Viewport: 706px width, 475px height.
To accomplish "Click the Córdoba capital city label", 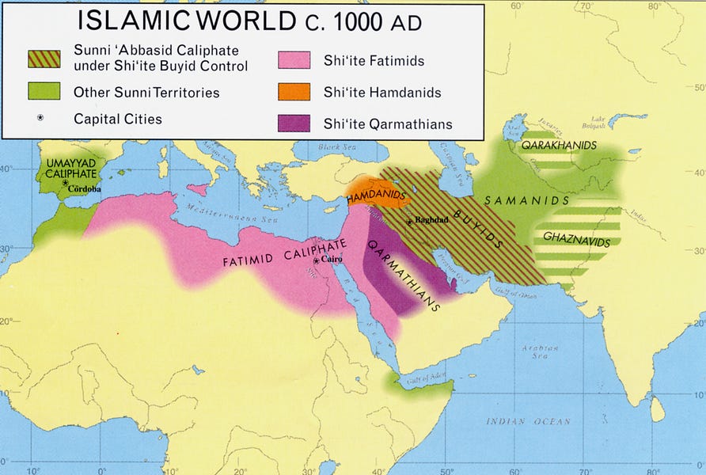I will [84, 189].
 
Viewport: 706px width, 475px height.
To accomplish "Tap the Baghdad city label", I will [431, 221].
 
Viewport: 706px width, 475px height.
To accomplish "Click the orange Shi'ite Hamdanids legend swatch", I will [294, 92].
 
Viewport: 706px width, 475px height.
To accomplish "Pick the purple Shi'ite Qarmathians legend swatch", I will [294, 123].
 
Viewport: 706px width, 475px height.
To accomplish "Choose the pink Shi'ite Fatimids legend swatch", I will [294, 60].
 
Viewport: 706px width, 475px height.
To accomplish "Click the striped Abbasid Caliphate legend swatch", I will [44, 59].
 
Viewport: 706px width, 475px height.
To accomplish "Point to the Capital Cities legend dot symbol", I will [40, 117].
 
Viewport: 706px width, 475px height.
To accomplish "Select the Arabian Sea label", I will [540, 352].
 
